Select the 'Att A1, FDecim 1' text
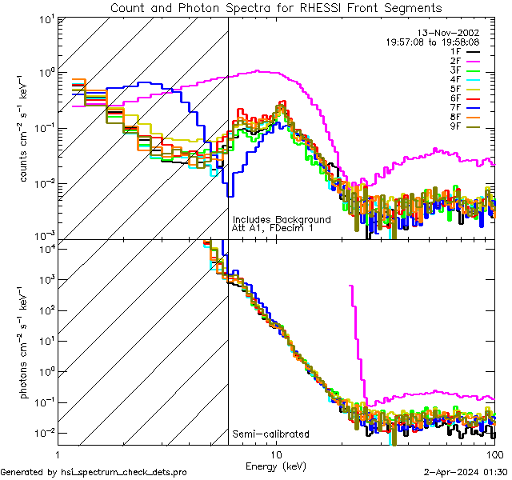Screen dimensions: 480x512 [273, 229]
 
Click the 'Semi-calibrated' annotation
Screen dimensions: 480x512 [270, 434]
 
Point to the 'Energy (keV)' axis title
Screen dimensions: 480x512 [276, 466]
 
